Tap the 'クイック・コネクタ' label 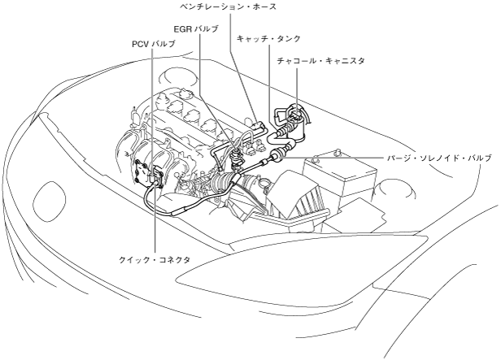[x=155, y=258]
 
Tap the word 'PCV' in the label [x=142, y=43]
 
